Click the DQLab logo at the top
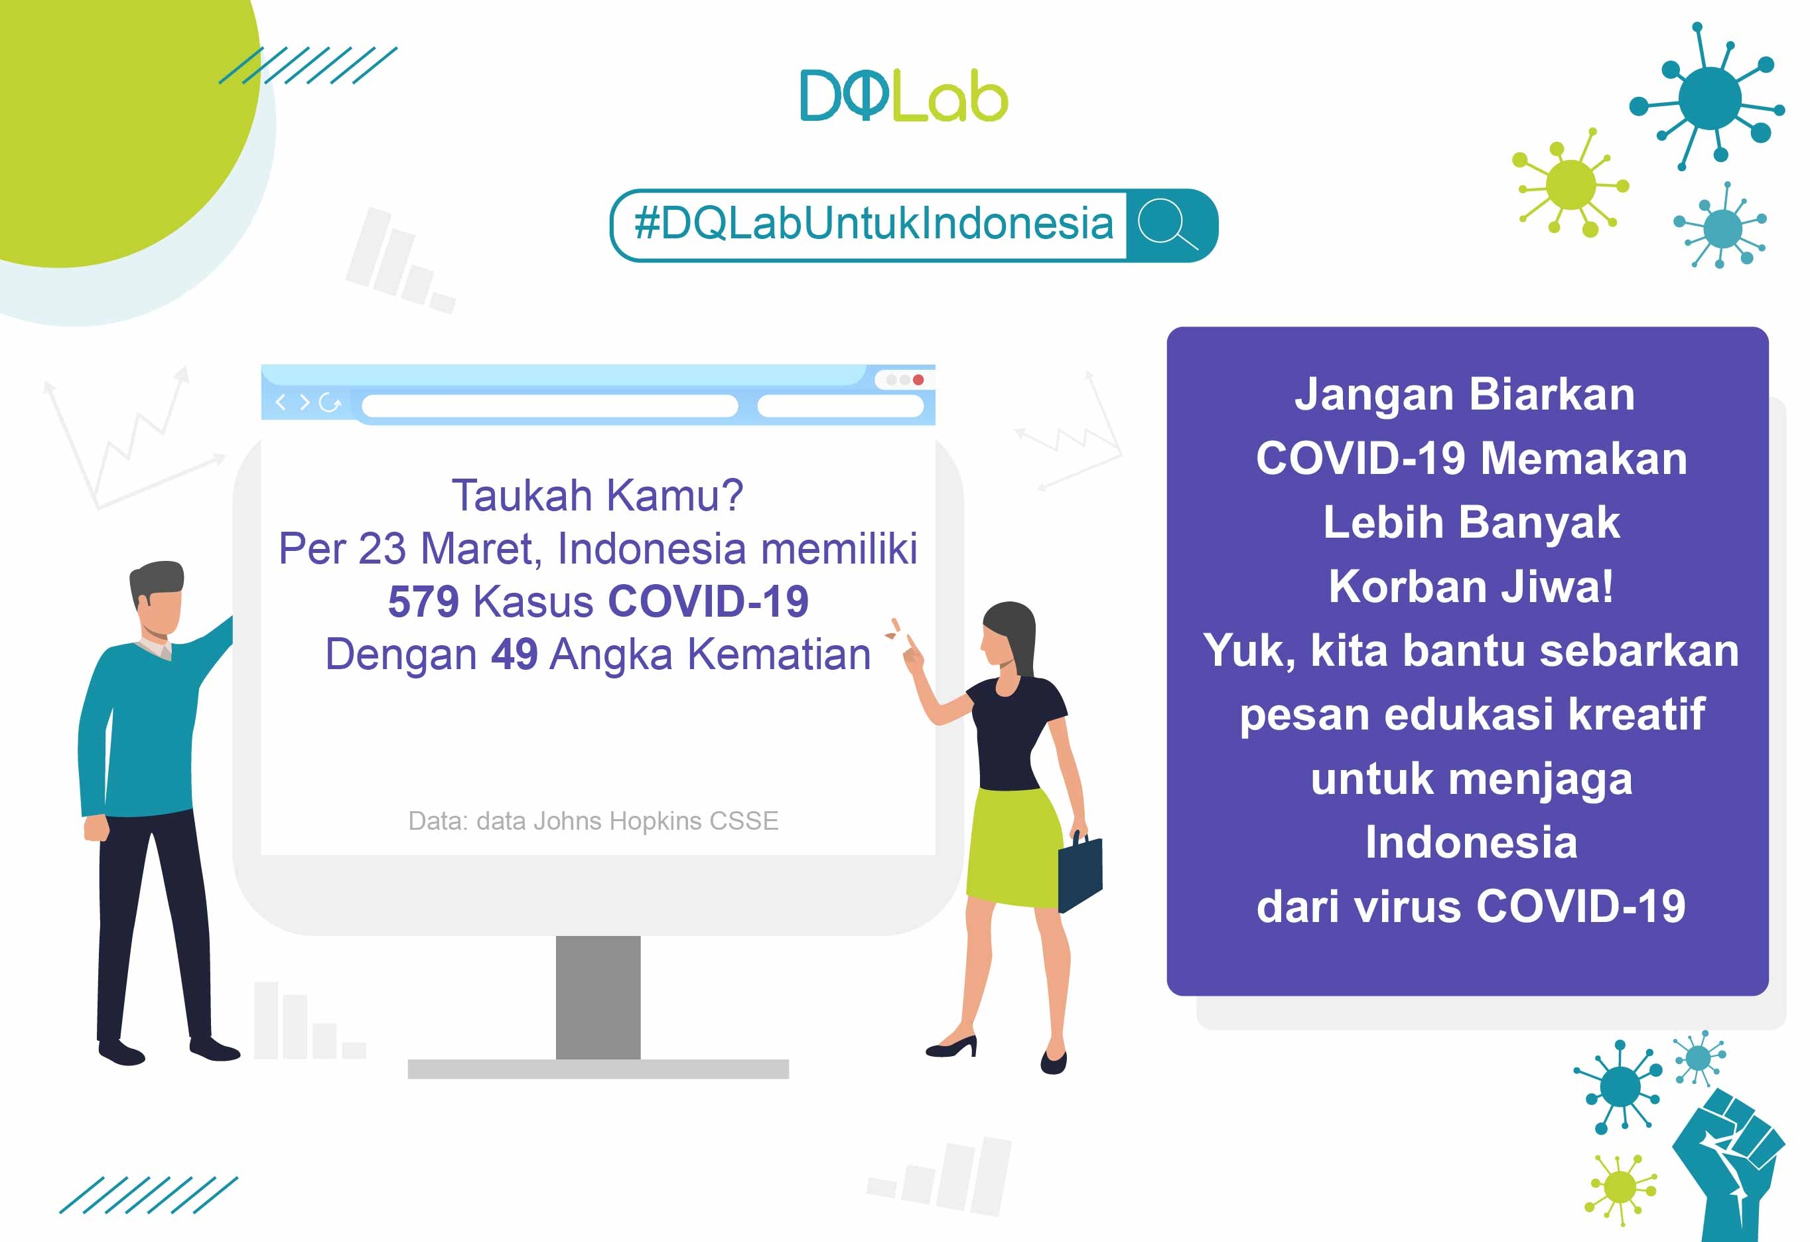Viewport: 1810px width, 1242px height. pos(904,95)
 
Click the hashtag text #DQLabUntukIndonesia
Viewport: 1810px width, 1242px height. pos(874,224)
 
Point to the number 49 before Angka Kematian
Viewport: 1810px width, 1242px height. pos(514,654)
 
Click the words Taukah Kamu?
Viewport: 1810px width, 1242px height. pos(597,496)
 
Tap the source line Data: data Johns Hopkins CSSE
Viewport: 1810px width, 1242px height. pos(593,820)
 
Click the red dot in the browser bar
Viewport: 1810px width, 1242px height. pos(918,380)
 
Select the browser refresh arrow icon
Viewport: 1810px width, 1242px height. pos(330,403)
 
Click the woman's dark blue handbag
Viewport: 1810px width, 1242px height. pos(1080,871)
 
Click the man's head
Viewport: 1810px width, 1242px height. pos(157,598)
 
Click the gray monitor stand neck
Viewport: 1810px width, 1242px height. pos(598,997)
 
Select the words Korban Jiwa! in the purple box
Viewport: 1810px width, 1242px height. pos(1470,586)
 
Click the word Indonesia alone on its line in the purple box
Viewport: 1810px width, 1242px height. pos(1471,842)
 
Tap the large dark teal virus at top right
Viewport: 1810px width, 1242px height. pos(1710,98)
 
